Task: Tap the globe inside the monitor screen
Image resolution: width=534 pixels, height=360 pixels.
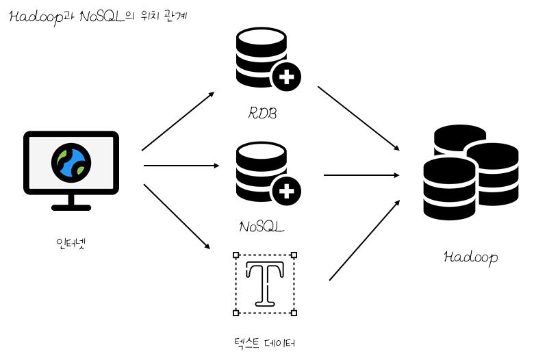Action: coord(71,161)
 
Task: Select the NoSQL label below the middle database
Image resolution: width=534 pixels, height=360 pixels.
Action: coord(262,225)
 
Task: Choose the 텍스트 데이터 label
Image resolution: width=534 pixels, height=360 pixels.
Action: coord(264,342)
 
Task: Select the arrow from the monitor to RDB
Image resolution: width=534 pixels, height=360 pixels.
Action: coord(178,121)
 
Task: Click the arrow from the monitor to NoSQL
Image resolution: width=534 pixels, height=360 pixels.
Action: coord(181,166)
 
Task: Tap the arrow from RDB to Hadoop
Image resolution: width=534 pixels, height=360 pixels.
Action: coord(357,118)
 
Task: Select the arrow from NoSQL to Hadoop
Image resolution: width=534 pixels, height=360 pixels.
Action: coord(361,175)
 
